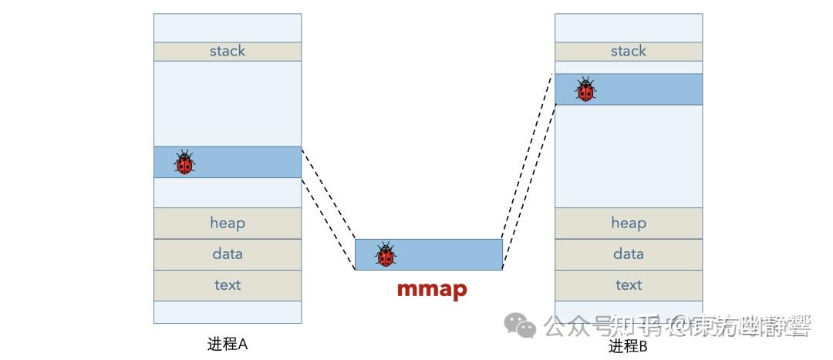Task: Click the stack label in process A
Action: coord(227,51)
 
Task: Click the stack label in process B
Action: coord(628,51)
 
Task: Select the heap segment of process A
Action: coord(227,223)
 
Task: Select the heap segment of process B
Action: coord(628,223)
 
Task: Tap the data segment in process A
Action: coord(227,254)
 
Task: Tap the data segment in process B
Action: coord(628,254)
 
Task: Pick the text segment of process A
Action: coord(227,285)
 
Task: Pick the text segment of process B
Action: coord(628,285)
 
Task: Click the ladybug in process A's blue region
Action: coord(184,162)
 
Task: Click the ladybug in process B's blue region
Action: coord(585,89)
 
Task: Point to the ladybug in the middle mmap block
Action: coord(386,254)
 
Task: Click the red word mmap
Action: coord(431,289)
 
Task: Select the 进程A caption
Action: coord(227,344)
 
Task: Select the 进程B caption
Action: coord(628,346)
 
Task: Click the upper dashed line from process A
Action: coord(328,193)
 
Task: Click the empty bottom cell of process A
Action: coord(227,311)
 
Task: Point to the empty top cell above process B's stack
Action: coord(628,28)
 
